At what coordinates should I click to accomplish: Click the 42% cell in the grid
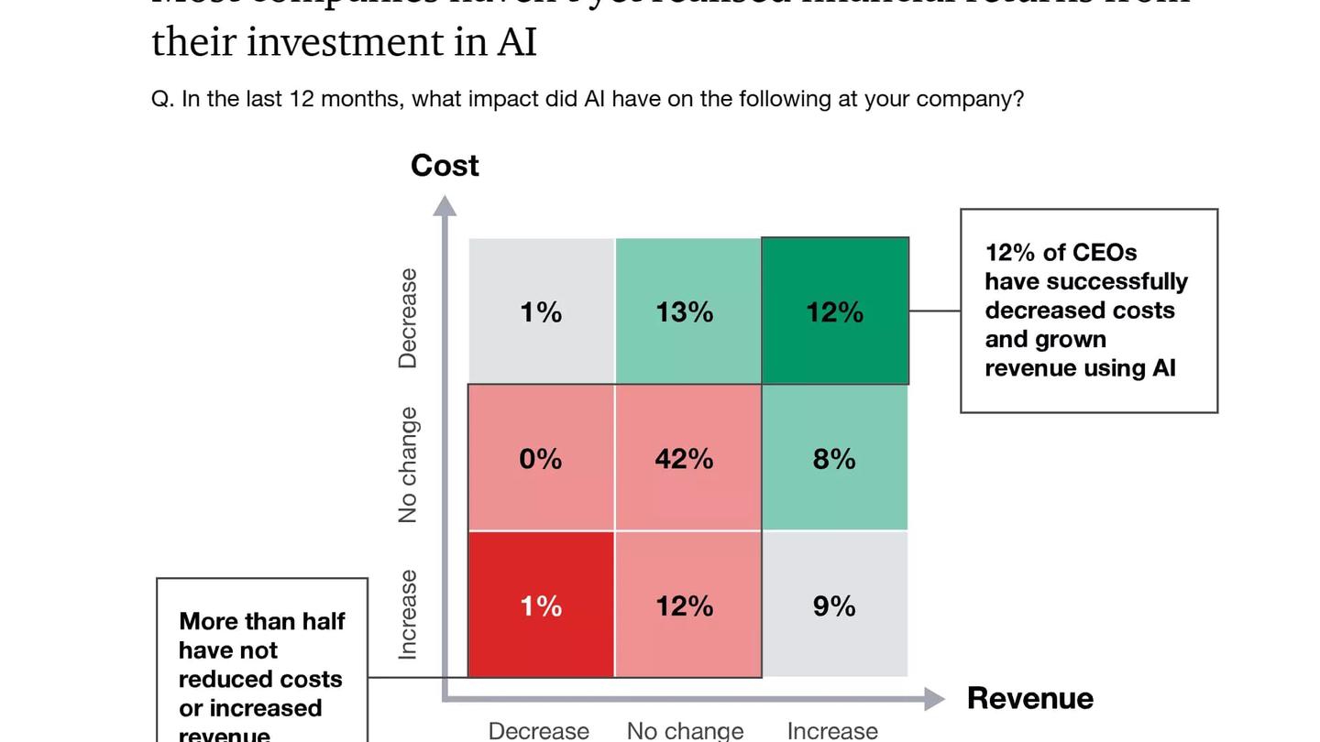pos(684,458)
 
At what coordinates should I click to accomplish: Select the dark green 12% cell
pos(834,312)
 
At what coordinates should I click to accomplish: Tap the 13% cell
pos(684,312)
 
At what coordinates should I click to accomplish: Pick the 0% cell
pos(541,458)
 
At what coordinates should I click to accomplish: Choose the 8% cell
pos(834,458)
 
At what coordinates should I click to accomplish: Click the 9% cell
pos(834,606)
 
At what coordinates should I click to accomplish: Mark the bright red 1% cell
pos(541,606)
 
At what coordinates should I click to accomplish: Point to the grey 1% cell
pos(541,312)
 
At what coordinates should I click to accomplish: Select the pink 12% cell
pos(684,606)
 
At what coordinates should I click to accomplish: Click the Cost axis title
pos(445,166)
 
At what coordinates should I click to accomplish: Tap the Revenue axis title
pos(1029,698)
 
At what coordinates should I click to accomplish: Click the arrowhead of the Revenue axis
pos(934,700)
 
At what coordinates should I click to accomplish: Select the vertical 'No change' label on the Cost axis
pos(408,465)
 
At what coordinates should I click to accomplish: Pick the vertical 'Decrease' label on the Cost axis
pos(408,318)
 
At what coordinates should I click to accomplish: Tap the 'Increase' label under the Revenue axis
pos(832,730)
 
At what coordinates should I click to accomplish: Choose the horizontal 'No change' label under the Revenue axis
pos(685,730)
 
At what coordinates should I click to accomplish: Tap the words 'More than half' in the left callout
pos(262,621)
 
